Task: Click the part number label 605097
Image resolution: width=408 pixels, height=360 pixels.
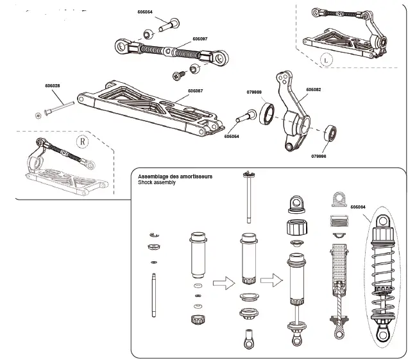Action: [200, 39]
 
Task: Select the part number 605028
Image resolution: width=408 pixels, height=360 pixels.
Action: [53, 85]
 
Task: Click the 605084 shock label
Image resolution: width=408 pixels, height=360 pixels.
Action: [359, 207]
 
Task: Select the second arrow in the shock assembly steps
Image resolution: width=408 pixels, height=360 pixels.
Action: [273, 280]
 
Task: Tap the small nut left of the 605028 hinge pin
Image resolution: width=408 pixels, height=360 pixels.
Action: [38, 114]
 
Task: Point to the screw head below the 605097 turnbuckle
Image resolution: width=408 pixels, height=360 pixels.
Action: [176, 77]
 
